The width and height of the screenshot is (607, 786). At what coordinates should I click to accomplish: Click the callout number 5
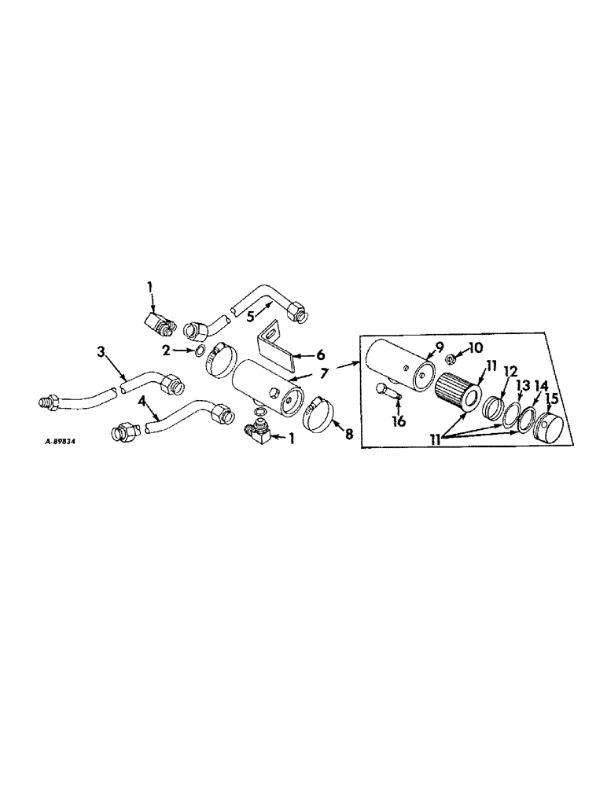250,318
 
